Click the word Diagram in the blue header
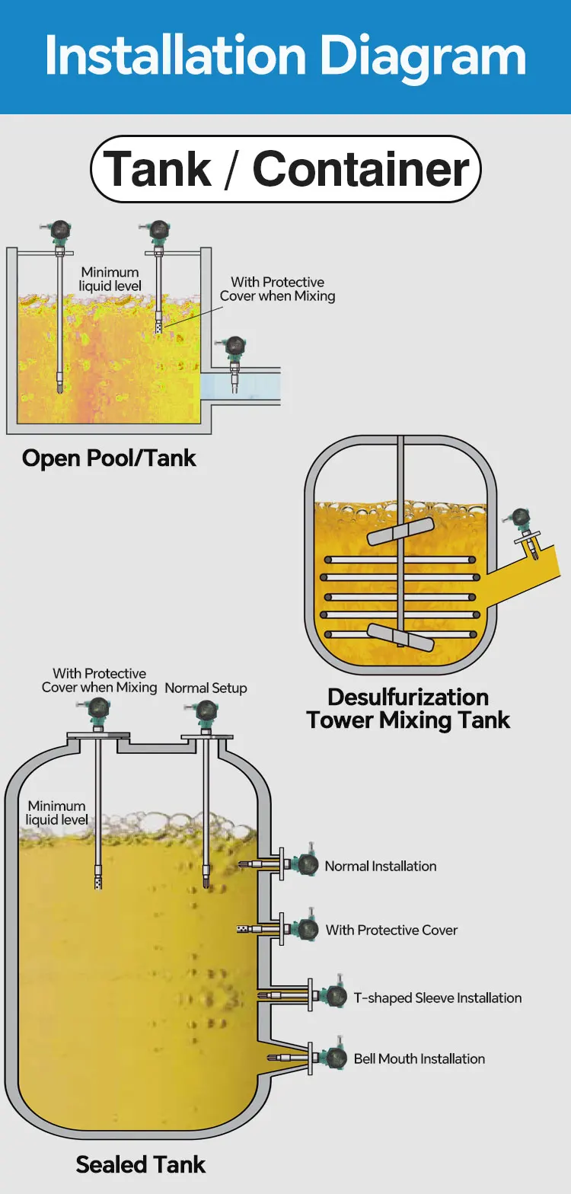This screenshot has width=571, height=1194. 422,57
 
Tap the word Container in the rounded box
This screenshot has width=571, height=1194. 361,169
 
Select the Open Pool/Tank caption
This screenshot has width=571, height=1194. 109,458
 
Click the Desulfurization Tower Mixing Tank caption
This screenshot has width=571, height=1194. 408,709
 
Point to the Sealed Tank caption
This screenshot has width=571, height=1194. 141,1164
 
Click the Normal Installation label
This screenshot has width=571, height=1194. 381,866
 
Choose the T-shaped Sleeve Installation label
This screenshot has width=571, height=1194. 438,998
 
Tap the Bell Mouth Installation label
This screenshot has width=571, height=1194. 419,1058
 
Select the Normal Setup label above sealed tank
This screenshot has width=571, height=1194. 206,688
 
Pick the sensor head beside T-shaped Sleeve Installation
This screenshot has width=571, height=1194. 334,995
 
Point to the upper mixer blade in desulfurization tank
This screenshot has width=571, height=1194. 400,531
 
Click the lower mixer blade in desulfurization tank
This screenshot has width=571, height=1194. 400,637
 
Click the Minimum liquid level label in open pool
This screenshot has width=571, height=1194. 110,279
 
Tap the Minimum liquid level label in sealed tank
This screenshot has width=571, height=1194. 57,812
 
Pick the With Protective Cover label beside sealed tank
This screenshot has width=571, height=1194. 392,930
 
